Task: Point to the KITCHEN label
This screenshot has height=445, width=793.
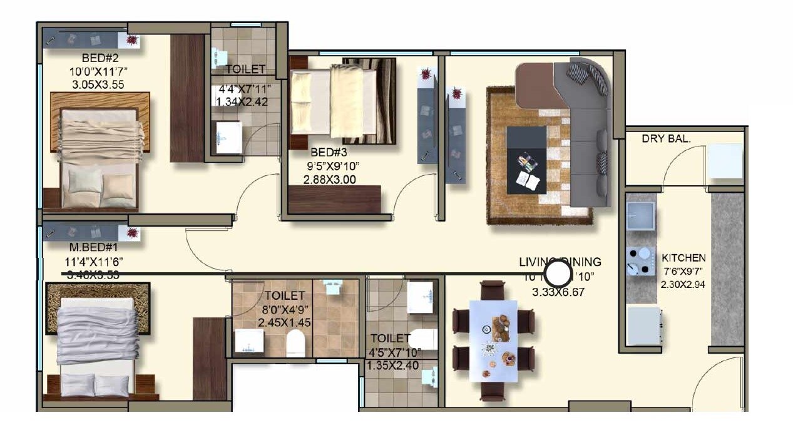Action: click(683, 258)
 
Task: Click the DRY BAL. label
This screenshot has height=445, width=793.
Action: click(666, 139)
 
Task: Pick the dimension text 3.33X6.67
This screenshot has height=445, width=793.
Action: click(558, 292)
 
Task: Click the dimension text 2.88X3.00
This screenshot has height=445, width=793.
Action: click(329, 179)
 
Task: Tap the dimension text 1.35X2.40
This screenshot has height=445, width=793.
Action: click(393, 366)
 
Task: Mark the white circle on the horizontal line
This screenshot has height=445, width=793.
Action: click(557, 274)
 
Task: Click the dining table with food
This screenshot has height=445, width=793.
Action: click(493, 340)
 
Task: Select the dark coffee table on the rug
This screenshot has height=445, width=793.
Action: click(526, 160)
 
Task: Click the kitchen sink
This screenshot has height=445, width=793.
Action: click(640, 215)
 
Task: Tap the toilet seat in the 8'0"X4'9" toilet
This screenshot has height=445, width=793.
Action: click(295, 343)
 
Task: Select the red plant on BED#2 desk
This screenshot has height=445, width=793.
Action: click(132, 41)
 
